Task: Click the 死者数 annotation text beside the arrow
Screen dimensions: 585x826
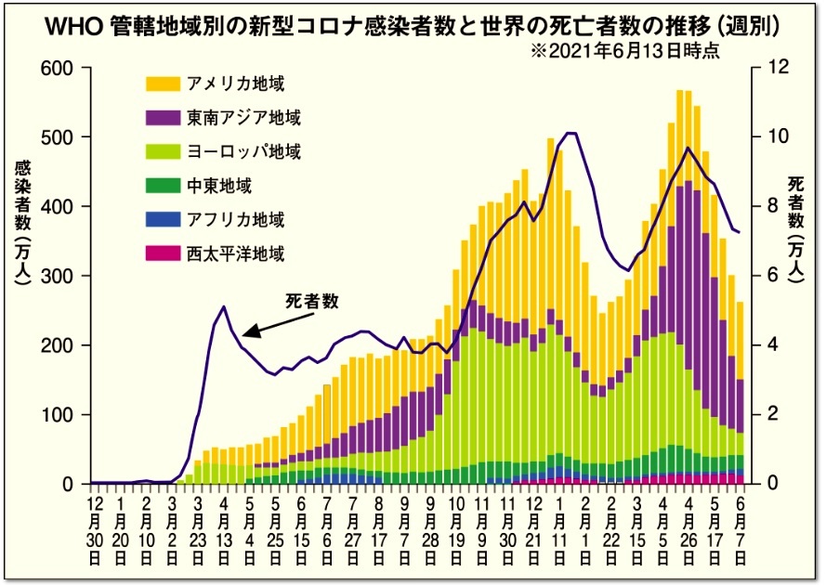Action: pos(311,301)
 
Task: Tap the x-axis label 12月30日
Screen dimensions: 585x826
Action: pos(95,529)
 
